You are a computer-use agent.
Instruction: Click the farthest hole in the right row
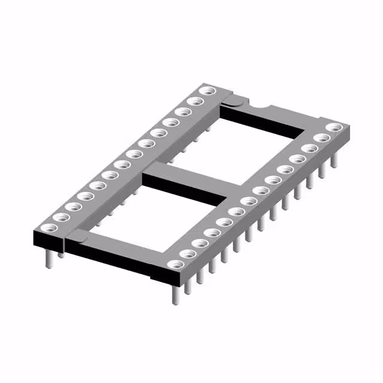click(x=334, y=127)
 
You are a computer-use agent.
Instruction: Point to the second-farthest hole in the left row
click(x=195, y=102)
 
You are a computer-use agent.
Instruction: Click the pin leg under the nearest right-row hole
click(x=175, y=294)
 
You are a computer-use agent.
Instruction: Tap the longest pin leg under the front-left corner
click(x=47, y=257)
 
